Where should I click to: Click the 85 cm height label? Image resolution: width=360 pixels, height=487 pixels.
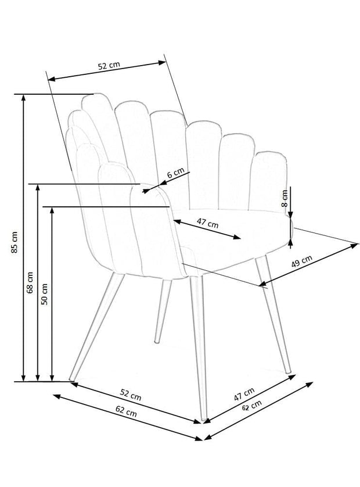click(x=15, y=242)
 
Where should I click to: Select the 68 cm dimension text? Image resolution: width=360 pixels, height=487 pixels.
click(x=30, y=282)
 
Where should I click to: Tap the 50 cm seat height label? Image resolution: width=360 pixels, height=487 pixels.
click(x=44, y=294)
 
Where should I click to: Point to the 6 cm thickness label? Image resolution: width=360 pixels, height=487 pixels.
click(x=176, y=173)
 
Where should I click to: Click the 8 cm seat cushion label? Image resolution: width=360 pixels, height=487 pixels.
click(x=285, y=198)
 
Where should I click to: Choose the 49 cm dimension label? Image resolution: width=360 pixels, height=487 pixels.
click(x=302, y=262)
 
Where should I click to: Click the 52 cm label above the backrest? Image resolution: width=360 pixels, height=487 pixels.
click(x=109, y=66)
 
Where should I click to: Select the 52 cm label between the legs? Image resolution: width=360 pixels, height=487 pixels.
click(x=131, y=395)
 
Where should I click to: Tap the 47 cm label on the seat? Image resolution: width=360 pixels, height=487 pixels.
click(x=208, y=223)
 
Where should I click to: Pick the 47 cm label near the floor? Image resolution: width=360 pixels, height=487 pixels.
click(x=244, y=394)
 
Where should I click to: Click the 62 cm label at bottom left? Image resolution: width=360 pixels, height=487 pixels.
click(x=126, y=411)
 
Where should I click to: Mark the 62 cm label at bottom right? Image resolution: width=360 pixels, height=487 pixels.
click(x=251, y=405)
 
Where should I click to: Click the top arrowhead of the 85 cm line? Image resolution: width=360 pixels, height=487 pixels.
click(x=23, y=98)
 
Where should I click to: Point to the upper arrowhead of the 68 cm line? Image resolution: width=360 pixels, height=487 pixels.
click(x=38, y=188)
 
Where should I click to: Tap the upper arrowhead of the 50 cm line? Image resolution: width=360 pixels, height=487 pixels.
click(x=52, y=210)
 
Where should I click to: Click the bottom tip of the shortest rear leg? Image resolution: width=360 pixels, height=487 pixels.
click(x=156, y=342)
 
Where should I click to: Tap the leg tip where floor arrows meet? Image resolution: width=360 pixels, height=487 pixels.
click(x=204, y=420)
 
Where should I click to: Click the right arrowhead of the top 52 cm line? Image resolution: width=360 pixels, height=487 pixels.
click(x=163, y=62)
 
